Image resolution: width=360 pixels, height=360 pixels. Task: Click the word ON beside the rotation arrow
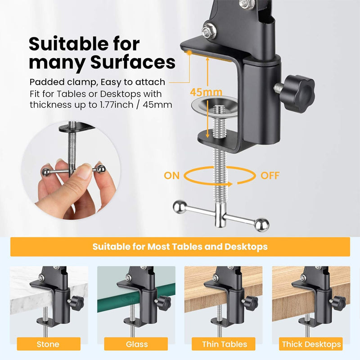pos(171,175)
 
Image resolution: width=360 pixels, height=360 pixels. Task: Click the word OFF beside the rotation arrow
pos(270,175)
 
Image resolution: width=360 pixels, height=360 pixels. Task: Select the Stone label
pos(48,344)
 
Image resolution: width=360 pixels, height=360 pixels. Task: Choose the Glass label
pos(137,344)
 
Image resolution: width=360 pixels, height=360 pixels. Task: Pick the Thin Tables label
pos(225,344)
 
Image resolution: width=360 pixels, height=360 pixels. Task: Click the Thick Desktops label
pos(311,344)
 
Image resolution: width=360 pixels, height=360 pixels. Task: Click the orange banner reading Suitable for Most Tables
pos(180,247)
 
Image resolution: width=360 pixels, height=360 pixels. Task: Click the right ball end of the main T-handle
pos(262,223)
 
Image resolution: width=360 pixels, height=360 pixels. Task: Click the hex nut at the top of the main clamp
pos(208,31)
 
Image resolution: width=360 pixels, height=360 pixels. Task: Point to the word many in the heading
pos(53,62)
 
